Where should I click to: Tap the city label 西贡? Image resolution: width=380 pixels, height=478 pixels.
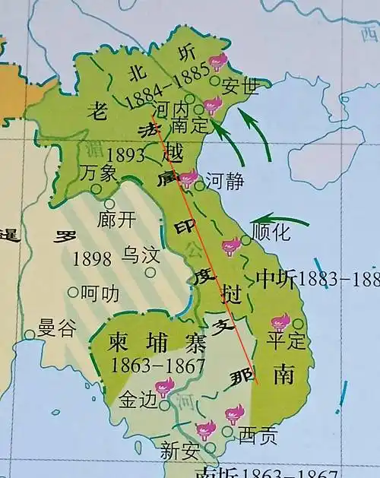point(258,436)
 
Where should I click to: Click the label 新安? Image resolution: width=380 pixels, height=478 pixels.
point(180,450)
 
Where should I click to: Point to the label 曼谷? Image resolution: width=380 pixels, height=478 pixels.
point(58,328)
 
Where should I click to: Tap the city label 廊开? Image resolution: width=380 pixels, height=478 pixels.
point(117,220)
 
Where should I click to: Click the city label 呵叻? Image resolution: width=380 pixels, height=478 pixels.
point(100,291)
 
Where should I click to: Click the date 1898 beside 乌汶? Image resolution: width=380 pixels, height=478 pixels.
point(93,258)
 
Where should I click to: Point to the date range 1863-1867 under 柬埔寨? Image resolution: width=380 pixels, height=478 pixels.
point(158,366)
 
